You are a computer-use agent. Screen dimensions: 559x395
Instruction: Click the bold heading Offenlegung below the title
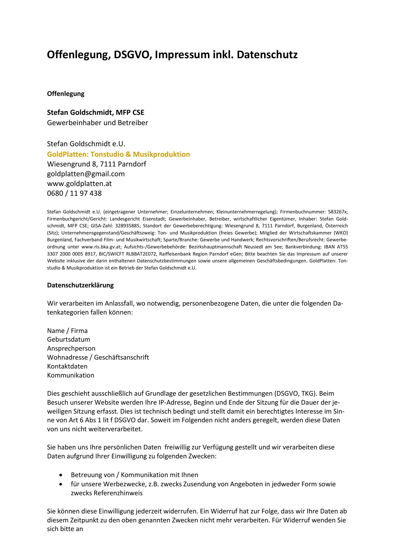pyautogui.click(x=66, y=94)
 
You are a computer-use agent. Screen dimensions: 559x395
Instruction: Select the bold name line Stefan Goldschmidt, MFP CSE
pyautogui.click(x=96, y=113)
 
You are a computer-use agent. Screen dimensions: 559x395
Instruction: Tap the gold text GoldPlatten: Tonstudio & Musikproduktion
pyautogui.click(x=118, y=154)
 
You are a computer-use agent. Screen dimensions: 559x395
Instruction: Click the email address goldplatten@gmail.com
pyautogui.click(x=86, y=174)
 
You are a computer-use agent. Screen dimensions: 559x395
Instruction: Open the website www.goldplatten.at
pyautogui.click(x=79, y=184)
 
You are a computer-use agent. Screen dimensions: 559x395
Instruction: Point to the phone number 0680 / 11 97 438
pyautogui.click(x=74, y=193)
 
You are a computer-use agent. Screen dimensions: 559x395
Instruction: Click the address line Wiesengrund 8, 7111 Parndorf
pyautogui.click(x=96, y=164)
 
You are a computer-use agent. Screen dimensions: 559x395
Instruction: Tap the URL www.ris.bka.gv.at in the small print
pyautogui.click(x=101, y=247)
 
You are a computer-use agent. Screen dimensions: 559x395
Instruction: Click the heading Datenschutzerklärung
pyautogui.click(x=80, y=285)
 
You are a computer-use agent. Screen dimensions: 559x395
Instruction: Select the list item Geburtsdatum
pyautogui.click(x=68, y=340)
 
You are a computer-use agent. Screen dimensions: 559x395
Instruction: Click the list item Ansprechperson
pyautogui.click(x=71, y=349)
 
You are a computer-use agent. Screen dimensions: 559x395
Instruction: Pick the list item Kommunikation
pyautogui.click(x=71, y=375)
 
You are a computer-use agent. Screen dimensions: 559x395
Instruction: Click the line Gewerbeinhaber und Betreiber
pyautogui.click(x=97, y=123)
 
